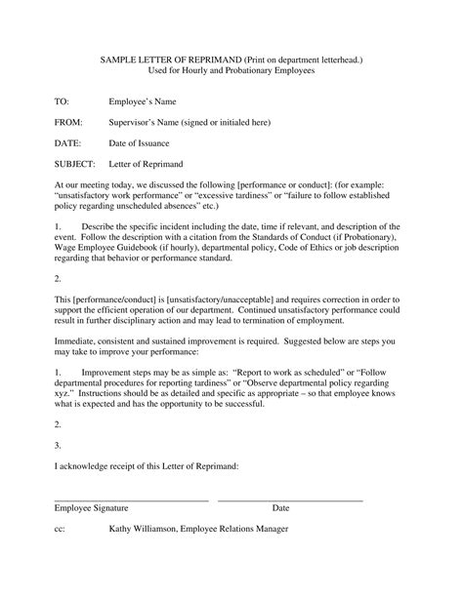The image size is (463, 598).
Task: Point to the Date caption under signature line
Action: pos(280,508)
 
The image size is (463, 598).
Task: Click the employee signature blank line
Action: pos(131,499)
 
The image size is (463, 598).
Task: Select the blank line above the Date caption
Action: pos(290,499)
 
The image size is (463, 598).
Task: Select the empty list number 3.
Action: pos(58,445)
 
